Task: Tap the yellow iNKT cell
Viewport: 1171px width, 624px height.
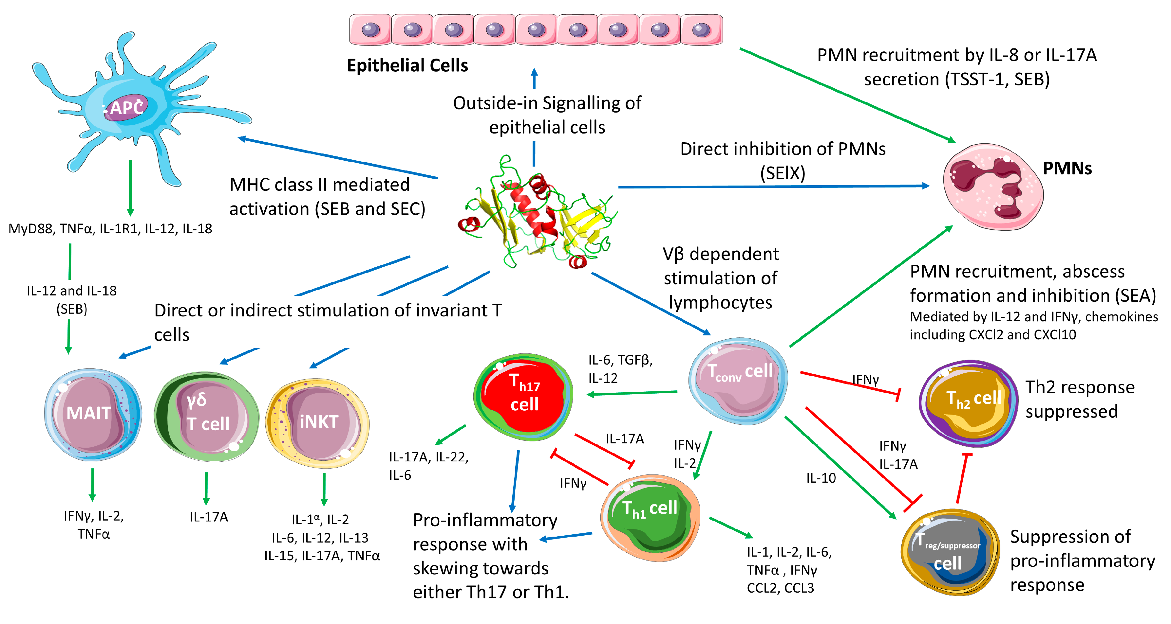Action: [318, 422]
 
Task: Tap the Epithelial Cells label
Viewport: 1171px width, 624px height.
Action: [407, 65]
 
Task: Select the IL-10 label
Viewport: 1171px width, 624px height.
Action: [821, 478]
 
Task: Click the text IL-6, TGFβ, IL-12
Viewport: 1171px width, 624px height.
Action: [620, 369]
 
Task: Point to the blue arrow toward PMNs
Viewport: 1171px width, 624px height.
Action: [773, 186]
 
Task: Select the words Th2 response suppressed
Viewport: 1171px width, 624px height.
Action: [1080, 399]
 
